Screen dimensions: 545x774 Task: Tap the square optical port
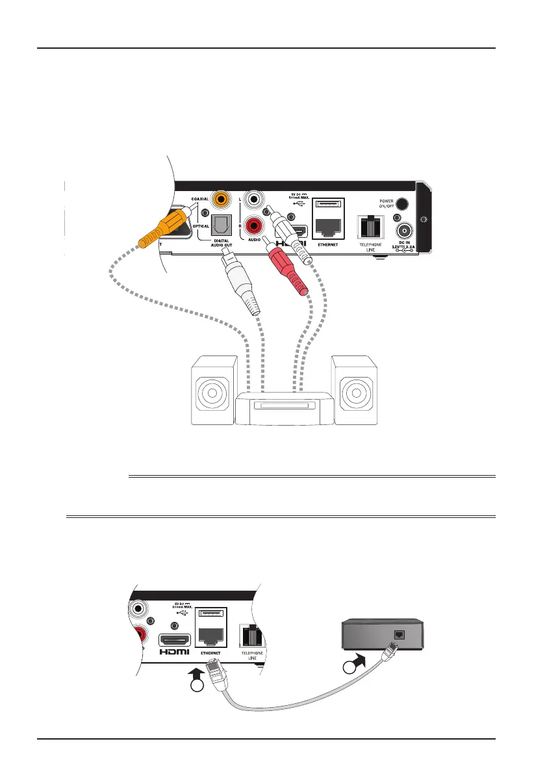pyautogui.click(x=223, y=225)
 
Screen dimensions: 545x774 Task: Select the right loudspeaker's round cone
pyautogui.click(x=353, y=393)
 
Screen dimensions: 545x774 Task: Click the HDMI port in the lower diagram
pyautogui.click(x=176, y=640)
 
